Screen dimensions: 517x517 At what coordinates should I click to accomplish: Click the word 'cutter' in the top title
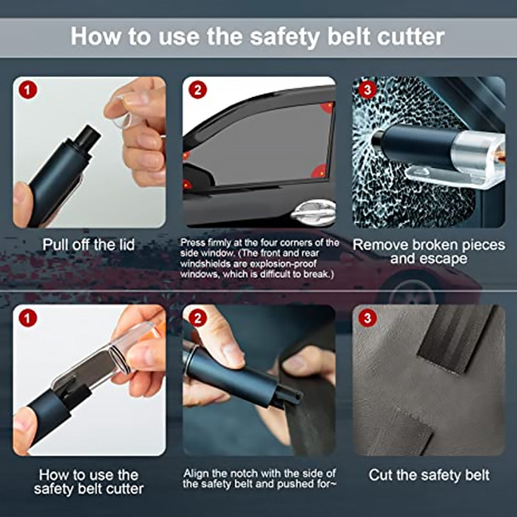(x=408, y=36)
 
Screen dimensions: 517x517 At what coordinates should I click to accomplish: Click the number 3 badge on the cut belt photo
(x=366, y=318)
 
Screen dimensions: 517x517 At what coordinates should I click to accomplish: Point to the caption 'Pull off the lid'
(x=89, y=245)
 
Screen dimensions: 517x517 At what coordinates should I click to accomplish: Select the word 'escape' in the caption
(x=452, y=259)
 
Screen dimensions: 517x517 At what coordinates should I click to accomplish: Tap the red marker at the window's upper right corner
(x=327, y=106)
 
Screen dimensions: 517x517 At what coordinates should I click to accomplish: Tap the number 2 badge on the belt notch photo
(x=196, y=318)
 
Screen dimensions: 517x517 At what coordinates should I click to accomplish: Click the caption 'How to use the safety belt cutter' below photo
(x=89, y=482)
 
